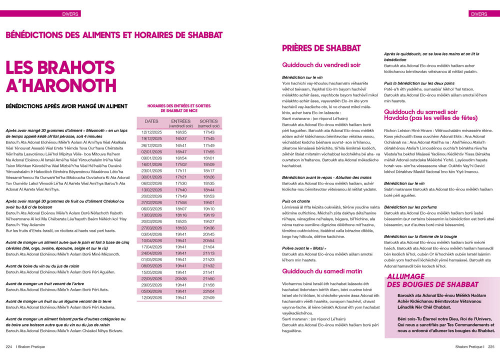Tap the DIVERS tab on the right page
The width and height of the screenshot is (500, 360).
[x=478, y=13]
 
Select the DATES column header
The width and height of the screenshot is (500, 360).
[x=151, y=121]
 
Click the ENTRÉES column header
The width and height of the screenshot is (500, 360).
[x=180, y=123]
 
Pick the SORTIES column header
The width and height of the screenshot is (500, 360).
[x=208, y=123]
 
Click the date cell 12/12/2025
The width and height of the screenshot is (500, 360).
[x=151, y=131]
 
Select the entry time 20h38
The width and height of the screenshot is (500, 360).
[x=180, y=278]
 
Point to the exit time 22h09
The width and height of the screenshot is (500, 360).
[x=208, y=297]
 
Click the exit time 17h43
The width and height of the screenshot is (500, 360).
[x=208, y=131]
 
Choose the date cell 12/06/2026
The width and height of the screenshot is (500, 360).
[x=151, y=297]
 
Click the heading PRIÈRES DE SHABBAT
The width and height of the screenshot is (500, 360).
[x=321, y=48]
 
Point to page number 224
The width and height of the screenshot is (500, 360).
[x=9, y=345]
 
